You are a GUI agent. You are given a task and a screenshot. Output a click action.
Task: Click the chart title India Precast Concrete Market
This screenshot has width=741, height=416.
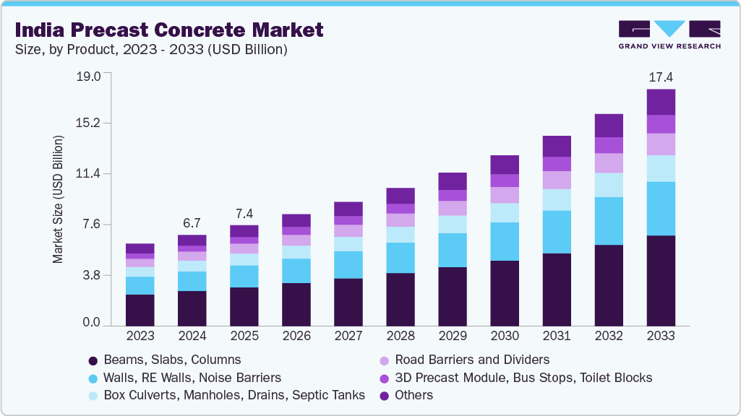click(169, 30)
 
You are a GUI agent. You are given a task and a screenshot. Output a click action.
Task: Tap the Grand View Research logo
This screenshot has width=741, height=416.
click(669, 34)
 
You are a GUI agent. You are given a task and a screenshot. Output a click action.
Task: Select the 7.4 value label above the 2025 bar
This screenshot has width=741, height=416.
click(244, 214)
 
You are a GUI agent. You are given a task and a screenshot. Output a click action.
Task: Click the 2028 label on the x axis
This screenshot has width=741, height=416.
click(401, 337)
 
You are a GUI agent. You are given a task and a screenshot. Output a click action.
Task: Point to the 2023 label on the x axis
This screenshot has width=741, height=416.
click(140, 337)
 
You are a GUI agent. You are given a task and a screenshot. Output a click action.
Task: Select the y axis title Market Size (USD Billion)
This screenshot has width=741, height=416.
click(58, 199)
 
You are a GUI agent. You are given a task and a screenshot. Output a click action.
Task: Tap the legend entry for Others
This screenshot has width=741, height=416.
click(414, 395)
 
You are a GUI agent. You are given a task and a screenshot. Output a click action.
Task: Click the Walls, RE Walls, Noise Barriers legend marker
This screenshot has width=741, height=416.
click(93, 378)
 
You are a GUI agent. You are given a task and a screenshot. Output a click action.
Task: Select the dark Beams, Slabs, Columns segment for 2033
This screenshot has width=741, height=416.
click(661, 280)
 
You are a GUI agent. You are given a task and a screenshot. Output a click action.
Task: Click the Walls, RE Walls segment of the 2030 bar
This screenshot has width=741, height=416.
click(505, 241)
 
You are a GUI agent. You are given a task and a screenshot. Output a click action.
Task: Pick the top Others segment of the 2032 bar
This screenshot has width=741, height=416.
click(609, 125)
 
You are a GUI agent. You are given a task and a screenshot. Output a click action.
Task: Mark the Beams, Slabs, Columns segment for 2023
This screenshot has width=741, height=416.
click(140, 310)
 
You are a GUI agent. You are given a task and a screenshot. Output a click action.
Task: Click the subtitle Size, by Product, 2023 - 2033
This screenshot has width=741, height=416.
click(151, 50)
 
